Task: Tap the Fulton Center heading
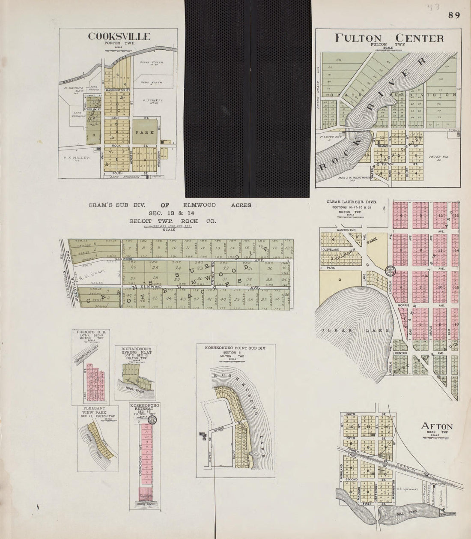pos(389,38)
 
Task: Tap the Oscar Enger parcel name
pos(152,63)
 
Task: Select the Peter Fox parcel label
pos(435,158)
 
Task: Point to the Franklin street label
pos(385,146)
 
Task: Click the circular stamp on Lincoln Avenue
pos(391,271)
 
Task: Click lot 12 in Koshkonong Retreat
pos(147,428)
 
